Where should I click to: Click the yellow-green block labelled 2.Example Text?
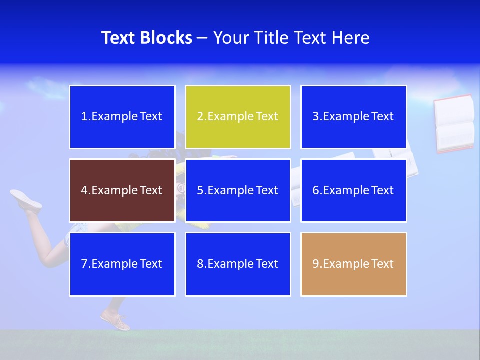point(238,117)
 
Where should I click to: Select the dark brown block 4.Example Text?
point(122,190)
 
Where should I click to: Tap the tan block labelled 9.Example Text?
point(353,264)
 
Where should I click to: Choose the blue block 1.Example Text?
point(122,117)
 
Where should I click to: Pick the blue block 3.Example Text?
point(353,117)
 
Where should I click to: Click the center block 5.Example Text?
point(238,190)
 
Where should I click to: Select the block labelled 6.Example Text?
point(353,190)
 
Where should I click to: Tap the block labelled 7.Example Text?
point(122,264)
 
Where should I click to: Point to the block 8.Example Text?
point(238,264)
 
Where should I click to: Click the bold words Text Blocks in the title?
point(146,38)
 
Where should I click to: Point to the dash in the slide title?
point(202,38)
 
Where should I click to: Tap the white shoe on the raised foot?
point(26,199)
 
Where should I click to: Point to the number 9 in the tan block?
point(316,264)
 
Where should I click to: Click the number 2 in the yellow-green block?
point(200,117)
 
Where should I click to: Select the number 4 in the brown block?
point(84,190)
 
